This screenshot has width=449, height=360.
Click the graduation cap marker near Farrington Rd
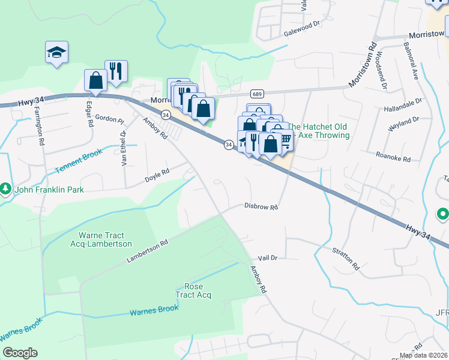(56, 52)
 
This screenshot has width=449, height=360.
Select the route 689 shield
(257, 94)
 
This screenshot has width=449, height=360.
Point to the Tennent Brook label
(80, 162)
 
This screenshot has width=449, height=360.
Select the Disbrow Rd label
(261, 207)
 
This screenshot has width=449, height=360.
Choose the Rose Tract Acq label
(193, 290)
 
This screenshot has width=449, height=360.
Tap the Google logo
(20, 353)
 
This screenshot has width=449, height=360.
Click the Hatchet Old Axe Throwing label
(319, 131)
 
